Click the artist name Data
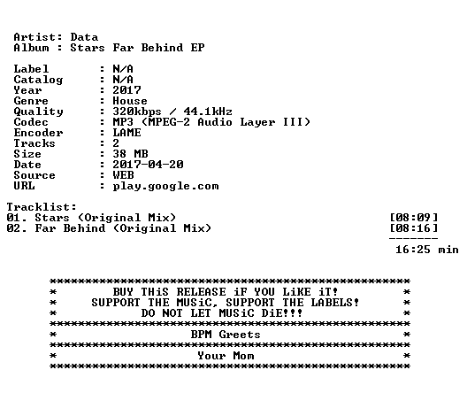pos(84,37)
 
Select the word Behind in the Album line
pos(162,48)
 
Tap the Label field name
pos(31,69)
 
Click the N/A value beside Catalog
pos(123,80)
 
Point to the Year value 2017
pos(126,90)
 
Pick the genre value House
pos(130,101)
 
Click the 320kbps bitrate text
pos(137,112)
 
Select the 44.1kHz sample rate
pos(208,112)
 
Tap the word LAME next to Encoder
pos(126,133)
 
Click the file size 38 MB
pos(130,154)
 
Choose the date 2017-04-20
pos(148,165)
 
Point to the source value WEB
pos(123,175)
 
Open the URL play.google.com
pos(165,186)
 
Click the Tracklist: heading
pos(42,207)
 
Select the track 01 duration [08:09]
pos(414,218)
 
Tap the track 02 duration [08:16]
pos(414,228)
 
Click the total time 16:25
pos(413,250)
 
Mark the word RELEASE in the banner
pos(201,292)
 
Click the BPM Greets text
pos(226,335)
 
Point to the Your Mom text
pos(226,356)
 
